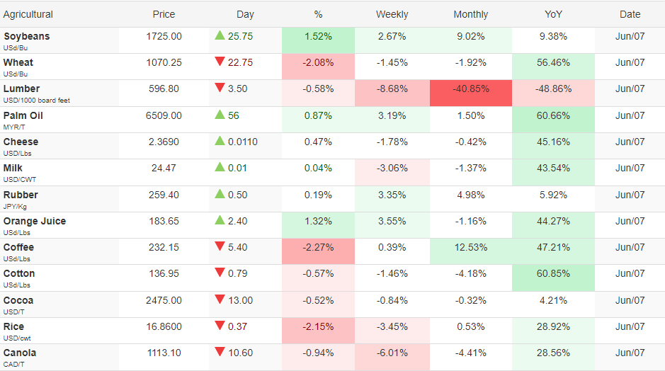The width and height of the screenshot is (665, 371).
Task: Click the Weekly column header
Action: tap(392, 14)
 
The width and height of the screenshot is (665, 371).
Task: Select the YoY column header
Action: tap(553, 14)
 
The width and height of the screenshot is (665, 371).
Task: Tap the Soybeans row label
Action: tap(26, 37)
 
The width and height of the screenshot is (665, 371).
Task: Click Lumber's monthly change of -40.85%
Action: tap(471, 89)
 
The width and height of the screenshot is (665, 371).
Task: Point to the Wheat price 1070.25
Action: tap(164, 63)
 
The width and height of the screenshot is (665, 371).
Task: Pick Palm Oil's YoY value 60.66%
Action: tap(553, 115)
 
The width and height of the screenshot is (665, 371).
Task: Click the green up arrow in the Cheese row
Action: tap(220, 141)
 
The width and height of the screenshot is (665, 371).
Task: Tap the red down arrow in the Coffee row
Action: tap(220, 246)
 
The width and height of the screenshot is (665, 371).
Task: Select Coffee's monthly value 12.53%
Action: tap(471, 247)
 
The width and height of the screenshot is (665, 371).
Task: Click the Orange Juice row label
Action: tap(35, 222)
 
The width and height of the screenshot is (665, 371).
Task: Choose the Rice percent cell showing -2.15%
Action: tap(318, 327)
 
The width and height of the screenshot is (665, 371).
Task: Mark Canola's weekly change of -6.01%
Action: tap(392, 353)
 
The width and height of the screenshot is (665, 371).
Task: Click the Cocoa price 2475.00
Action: tap(164, 301)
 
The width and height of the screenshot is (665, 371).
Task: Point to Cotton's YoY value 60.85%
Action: tap(553, 274)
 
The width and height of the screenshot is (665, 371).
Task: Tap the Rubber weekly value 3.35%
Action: tap(392, 195)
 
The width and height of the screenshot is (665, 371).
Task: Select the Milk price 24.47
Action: tap(164, 169)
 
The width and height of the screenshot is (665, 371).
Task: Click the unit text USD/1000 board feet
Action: tap(37, 101)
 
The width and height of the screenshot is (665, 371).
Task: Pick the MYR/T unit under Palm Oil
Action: tap(14, 127)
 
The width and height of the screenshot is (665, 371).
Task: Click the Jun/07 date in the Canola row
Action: tap(630, 353)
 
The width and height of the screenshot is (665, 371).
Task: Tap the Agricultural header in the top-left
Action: tap(28, 14)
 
